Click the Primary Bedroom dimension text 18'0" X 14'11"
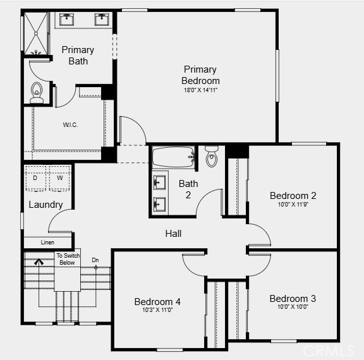200,90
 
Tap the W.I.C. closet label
70,125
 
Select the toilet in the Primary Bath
37,93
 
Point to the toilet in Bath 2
212,157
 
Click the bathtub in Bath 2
174,157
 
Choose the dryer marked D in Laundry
35,178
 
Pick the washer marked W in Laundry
59,178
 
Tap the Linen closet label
47,243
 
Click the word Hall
173,233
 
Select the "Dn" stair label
95,260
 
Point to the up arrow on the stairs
39,261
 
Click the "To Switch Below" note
68,259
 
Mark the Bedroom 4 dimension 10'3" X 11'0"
157,310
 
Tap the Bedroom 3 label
293,299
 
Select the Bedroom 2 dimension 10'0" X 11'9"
293,205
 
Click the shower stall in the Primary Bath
36,33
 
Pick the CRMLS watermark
328,351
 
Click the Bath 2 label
188,189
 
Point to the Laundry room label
45,205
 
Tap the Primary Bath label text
78,56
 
